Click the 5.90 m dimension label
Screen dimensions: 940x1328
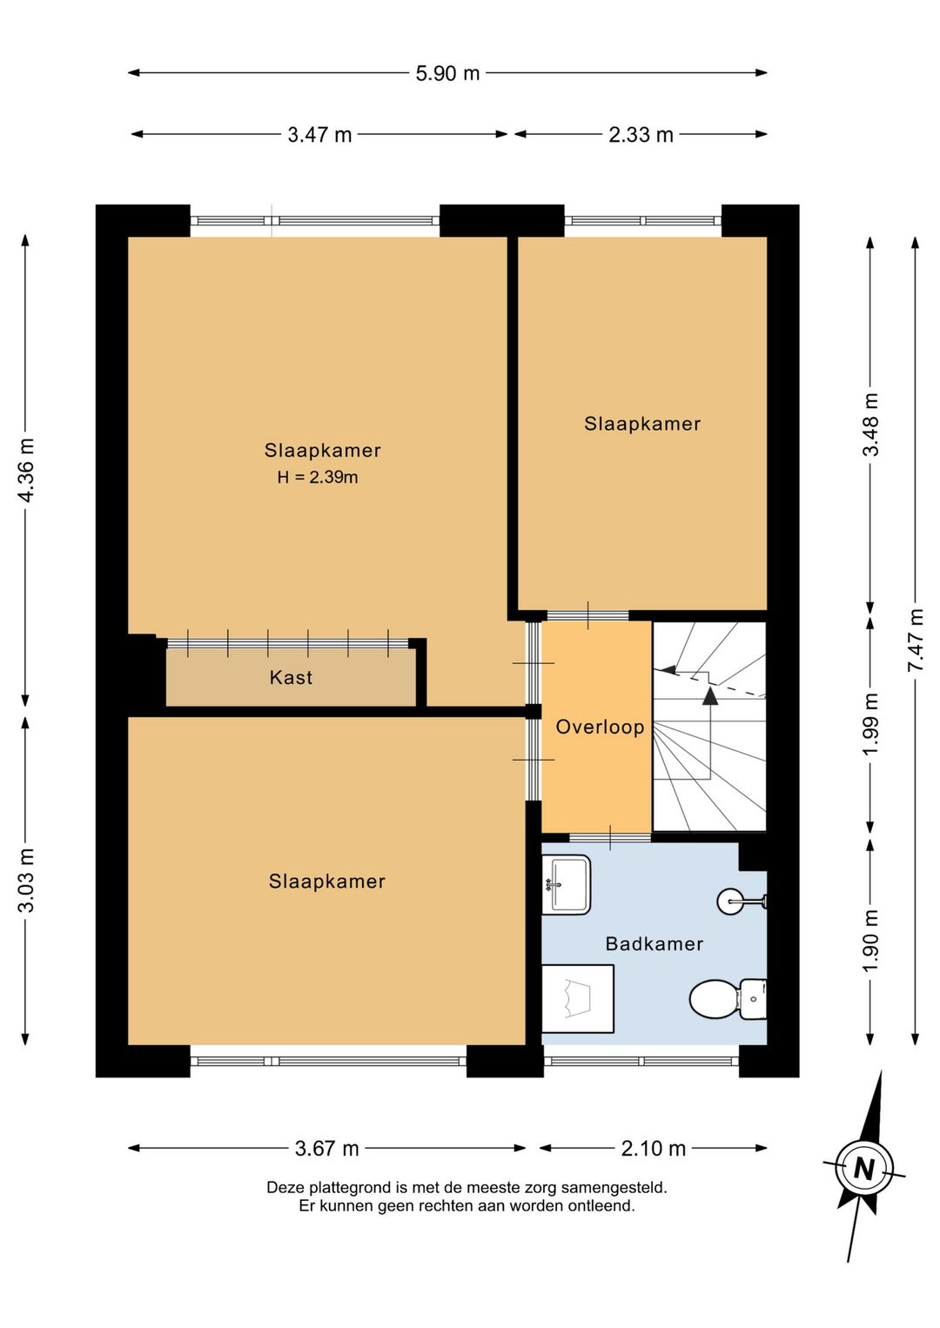point(447,73)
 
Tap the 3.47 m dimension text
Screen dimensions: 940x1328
point(319,135)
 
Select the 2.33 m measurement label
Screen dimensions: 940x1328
point(641,135)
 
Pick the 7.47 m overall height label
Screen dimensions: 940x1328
point(916,641)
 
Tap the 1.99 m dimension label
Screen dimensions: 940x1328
point(870,724)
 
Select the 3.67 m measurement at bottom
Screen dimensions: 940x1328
point(327,1149)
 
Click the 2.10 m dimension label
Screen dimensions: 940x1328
point(654,1149)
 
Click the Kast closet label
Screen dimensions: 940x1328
point(291,678)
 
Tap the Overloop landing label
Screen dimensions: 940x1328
point(600,728)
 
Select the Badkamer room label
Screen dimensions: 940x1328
point(655,944)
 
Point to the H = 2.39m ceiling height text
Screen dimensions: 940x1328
point(318,477)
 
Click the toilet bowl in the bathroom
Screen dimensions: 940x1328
point(715,999)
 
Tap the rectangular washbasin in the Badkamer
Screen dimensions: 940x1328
point(567,884)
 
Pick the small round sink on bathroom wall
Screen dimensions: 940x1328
point(730,902)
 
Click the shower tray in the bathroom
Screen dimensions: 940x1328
point(578,998)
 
